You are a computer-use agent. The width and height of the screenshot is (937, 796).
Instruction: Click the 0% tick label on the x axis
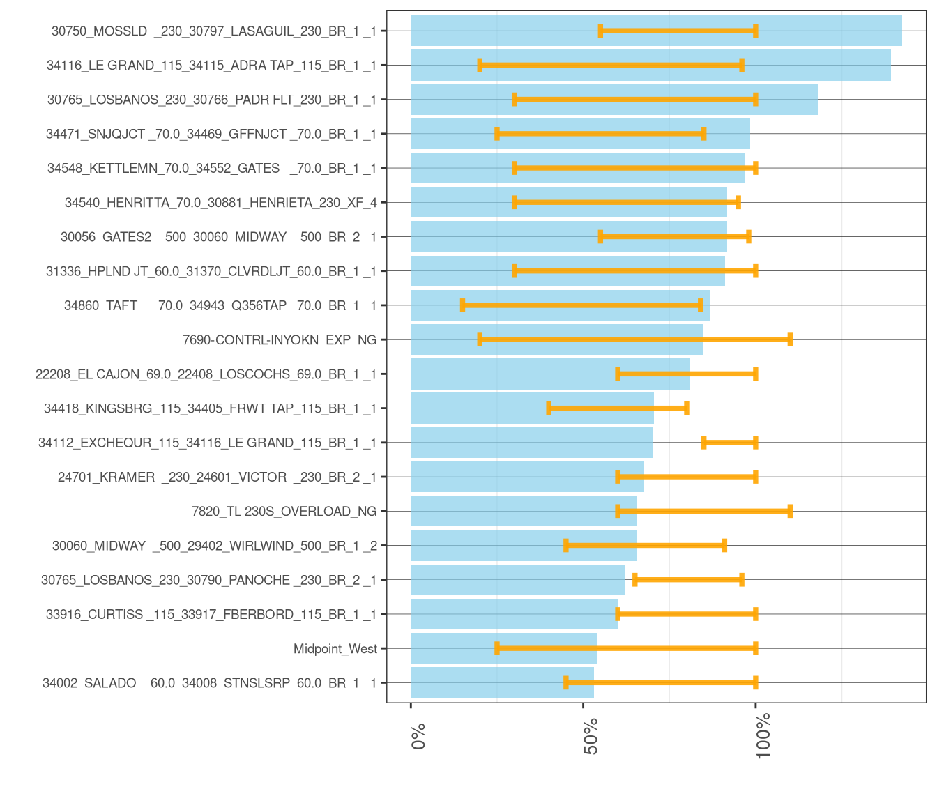(x=418, y=736)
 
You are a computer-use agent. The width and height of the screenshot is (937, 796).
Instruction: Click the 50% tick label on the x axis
(x=591, y=736)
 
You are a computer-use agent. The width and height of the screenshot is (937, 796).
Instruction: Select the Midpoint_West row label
(x=335, y=649)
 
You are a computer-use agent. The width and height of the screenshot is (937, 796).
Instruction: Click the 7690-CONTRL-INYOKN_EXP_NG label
(x=280, y=339)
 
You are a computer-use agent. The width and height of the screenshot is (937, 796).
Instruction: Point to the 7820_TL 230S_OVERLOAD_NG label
(x=284, y=512)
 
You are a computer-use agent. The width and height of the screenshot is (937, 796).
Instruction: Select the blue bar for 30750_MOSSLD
(x=656, y=31)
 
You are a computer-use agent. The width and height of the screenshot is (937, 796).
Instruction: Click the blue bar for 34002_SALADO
(x=502, y=682)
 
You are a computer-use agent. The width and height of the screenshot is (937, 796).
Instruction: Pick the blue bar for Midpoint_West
(x=503, y=648)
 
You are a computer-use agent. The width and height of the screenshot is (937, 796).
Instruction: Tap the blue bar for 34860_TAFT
(x=561, y=305)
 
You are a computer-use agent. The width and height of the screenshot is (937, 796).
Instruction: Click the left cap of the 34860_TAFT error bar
(x=462, y=305)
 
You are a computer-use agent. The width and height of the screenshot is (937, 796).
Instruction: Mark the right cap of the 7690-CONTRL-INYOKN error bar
(x=790, y=339)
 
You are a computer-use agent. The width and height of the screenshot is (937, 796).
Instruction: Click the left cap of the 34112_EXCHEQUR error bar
(x=703, y=443)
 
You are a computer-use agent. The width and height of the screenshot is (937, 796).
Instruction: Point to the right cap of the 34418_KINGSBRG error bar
(x=686, y=408)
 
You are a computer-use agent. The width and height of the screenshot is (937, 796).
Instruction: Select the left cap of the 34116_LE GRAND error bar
(x=480, y=66)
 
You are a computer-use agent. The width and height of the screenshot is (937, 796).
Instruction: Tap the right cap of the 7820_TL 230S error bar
(x=790, y=512)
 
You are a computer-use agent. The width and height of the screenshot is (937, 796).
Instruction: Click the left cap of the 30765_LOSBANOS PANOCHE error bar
(x=634, y=580)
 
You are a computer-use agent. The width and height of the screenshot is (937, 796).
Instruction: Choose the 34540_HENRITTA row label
(x=221, y=203)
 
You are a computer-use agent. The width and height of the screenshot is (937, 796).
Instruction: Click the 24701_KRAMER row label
(x=217, y=477)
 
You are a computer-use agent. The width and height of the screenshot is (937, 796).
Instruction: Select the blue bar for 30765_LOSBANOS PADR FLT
(x=614, y=99)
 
